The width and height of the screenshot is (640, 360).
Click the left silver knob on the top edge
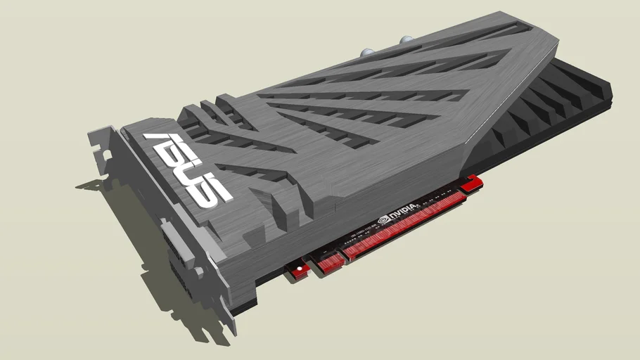point(367,51)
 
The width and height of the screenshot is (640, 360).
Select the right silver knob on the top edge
point(407,41)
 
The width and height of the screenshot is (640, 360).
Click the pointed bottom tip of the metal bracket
point(232,330)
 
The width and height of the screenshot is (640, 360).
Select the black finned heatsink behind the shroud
point(556,105)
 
